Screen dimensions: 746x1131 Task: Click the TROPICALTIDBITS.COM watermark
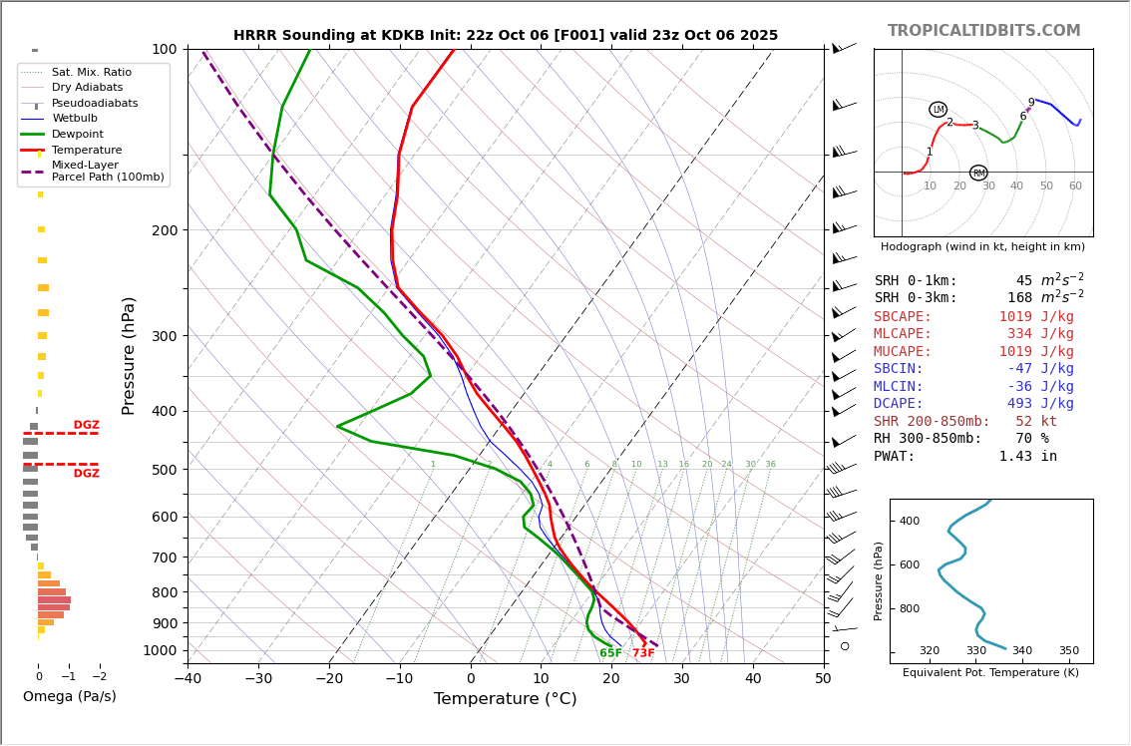tap(983, 31)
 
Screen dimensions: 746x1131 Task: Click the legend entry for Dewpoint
tap(78, 135)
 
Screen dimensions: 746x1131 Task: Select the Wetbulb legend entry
tap(75, 119)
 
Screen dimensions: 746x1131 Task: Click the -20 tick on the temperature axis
tap(329, 679)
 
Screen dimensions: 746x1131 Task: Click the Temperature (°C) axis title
tap(505, 699)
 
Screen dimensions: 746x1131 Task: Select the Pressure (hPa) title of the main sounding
tap(129, 355)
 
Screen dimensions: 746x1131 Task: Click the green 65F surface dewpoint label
tap(610, 653)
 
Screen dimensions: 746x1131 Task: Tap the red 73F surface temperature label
tap(643, 653)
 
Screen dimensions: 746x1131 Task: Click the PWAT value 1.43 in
tap(1027, 456)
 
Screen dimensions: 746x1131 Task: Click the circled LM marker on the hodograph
tap(938, 110)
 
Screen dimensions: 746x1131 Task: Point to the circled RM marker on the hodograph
tap(978, 174)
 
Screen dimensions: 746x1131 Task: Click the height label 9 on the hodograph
tap(1031, 103)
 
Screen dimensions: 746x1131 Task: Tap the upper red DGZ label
tap(87, 425)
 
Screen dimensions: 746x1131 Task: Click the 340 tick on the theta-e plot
tap(1022, 651)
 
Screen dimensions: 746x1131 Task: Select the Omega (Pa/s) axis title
tap(70, 696)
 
